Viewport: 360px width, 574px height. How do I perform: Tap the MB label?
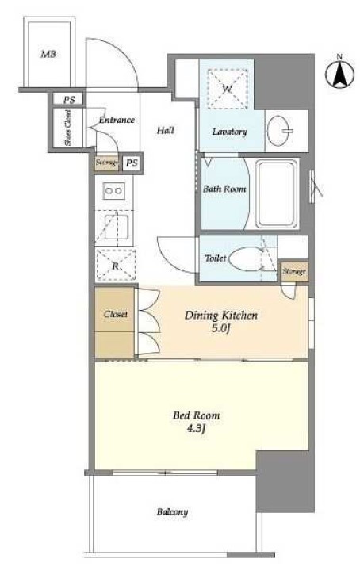coord(48,55)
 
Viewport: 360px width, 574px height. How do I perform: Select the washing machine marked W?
coord(227,89)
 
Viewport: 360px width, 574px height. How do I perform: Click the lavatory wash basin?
coord(279,131)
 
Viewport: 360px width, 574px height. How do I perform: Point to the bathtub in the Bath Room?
coord(277,194)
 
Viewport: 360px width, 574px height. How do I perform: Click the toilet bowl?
coord(244,258)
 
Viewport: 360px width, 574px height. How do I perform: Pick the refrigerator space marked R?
coord(116,265)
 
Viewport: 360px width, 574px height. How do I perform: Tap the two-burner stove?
coord(113,191)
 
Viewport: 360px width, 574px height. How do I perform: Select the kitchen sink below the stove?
coord(116,227)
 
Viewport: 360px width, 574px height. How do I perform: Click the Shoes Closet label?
coord(67,128)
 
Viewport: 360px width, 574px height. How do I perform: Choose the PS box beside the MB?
coord(68,99)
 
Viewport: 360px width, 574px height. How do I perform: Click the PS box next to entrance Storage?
coord(132,163)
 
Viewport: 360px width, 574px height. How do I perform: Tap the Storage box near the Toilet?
coord(294,271)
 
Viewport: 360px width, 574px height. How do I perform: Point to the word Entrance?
coord(117,120)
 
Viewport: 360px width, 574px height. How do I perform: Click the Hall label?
coord(165,130)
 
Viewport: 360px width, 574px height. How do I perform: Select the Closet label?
coord(115,314)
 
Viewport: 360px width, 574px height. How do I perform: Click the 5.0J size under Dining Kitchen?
coord(220,328)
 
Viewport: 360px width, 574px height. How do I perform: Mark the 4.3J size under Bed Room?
coord(196,429)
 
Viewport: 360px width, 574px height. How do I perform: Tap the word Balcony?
coord(172,512)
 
